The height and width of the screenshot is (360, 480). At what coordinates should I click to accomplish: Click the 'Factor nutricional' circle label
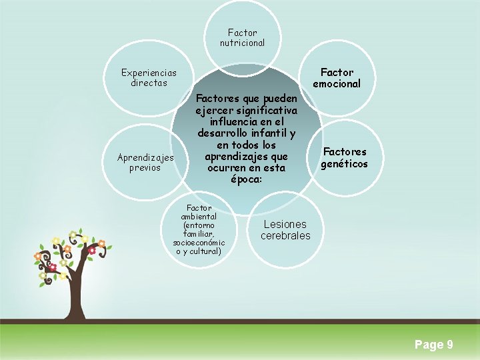pyautogui.click(x=242, y=37)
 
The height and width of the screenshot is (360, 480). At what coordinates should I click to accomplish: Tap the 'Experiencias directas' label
pyautogui.click(x=149, y=78)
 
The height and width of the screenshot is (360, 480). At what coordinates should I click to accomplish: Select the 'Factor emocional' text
pyautogui.click(x=337, y=78)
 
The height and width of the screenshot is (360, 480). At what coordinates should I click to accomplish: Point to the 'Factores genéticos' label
pyautogui.click(x=344, y=158)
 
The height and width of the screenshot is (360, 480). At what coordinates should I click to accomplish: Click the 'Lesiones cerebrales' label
pyautogui.click(x=285, y=230)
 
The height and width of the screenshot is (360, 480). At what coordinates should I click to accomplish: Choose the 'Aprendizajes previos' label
pyautogui.click(x=145, y=163)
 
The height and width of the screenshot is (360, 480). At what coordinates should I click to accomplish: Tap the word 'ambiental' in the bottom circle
pyautogui.click(x=199, y=217)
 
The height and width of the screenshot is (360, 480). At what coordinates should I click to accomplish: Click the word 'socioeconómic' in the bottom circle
pyautogui.click(x=199, y=243)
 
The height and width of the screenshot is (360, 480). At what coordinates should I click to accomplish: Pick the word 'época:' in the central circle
pyautogui.click(x=247, y=180)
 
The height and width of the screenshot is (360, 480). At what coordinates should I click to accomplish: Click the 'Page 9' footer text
pyautogui.click(x=433, y=345)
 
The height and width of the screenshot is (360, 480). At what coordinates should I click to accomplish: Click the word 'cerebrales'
pyautogui.click(x=285, y=236)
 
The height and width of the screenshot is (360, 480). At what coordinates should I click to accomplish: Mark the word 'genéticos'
pyautogui.click(x=344, y=164)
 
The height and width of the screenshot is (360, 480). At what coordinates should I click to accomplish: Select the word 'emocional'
pyautogui.click(x=337, y=84)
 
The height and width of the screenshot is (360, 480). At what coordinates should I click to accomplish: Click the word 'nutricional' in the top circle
pyautogui.click(x=242, y=43)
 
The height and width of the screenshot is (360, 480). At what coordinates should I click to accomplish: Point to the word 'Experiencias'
pyautogui.click(x=149, y=73)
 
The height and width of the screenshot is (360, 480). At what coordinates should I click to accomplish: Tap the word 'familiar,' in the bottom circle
pyautogui.click(x=199, y=234)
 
